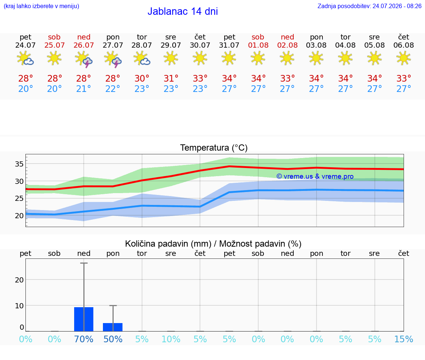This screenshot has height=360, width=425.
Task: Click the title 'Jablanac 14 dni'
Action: [183, 11]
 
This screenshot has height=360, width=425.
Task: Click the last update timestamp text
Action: [369, 6]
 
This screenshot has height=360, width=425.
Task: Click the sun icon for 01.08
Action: [258, 58]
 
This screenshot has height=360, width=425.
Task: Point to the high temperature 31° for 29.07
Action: [171, 78]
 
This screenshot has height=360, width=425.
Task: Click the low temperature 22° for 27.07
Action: [113, 89]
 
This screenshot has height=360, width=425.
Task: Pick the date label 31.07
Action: [229, 45]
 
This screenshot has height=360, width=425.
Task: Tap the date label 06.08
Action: [404, 45]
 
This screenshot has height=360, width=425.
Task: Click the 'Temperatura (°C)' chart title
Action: [214, 148]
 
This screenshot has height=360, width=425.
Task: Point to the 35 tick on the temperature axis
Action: [19, 164]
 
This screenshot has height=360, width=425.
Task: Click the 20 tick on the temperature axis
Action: [19, 216]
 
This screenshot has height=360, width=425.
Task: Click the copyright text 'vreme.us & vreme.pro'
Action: [315, 176]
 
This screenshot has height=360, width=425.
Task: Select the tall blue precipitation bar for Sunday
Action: [84, 319]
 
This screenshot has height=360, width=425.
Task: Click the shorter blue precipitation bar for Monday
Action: [113, 327]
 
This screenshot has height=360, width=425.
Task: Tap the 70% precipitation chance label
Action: [84, 339]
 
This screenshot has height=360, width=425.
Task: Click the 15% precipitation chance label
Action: [404, 339]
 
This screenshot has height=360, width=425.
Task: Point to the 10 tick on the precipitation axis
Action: [19, 306]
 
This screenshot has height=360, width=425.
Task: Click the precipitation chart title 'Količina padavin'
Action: [168, 244]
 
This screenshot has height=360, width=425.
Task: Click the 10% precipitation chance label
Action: [171, 339]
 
